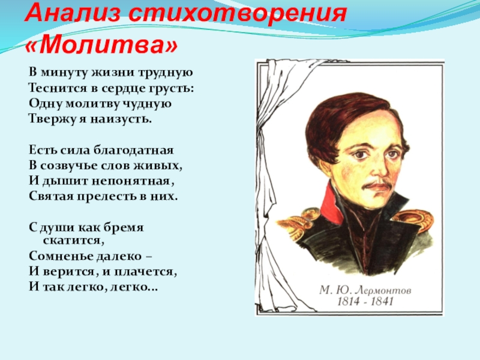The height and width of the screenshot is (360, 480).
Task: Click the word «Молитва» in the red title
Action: (x=101, y=46)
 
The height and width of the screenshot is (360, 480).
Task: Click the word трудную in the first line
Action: (x=166, y=73)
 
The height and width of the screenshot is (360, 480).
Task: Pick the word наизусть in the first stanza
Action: (x=121, y=119)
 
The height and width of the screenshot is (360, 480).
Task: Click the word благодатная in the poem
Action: (x=133, y=150)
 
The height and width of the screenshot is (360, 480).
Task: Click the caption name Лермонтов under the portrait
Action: (x=384, y=290)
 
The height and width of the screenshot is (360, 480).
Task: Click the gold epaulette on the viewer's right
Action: (x=414, y=218)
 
